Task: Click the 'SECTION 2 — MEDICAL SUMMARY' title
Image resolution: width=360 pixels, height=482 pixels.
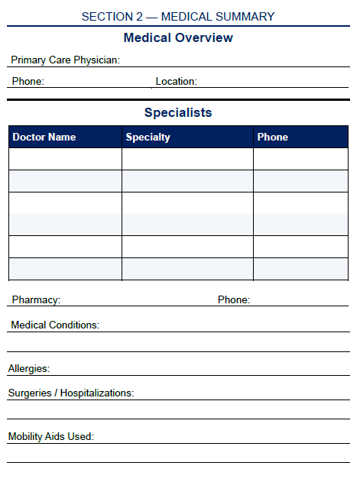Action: (x=178, y=16)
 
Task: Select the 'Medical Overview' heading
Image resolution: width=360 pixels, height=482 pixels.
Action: (x=178, y=38)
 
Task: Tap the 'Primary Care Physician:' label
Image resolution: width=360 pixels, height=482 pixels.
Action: (x=65, y=60)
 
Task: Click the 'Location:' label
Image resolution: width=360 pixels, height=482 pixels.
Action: (x=176, y=81)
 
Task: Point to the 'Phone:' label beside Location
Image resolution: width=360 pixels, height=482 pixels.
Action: (x=28, y=81)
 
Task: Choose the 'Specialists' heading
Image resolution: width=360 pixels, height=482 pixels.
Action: (x=178, y=113)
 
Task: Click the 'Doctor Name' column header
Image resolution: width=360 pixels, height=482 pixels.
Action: (x=44, y=137)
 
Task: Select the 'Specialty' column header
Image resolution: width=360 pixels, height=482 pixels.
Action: (x=148, y=137)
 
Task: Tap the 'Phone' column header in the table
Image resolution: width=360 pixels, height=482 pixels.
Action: (x=272, y=137)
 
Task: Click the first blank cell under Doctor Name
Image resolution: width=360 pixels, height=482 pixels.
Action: (x=65, y=159)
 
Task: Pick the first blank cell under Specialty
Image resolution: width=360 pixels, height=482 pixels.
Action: (x=187, y=159)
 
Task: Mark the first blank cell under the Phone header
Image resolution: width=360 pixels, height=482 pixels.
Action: (x=300, y=159)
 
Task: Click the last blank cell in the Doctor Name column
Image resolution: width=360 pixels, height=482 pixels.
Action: (x=65, y=269)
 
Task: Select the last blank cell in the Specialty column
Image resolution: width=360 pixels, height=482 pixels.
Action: (x=187, y=269)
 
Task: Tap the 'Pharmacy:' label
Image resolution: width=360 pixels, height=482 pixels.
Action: (x=36, y=300)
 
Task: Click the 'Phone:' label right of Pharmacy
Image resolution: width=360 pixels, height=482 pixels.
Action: (x=233, y=300)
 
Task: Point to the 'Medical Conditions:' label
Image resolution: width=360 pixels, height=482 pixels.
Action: (x=55, y=325)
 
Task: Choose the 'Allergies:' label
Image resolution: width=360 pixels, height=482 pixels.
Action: (x=29, y=369)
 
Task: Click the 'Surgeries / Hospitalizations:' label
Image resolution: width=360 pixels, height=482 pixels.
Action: (x=71, y=393)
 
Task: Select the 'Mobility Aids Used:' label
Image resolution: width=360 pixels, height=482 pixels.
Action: (x=50, y=437)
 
